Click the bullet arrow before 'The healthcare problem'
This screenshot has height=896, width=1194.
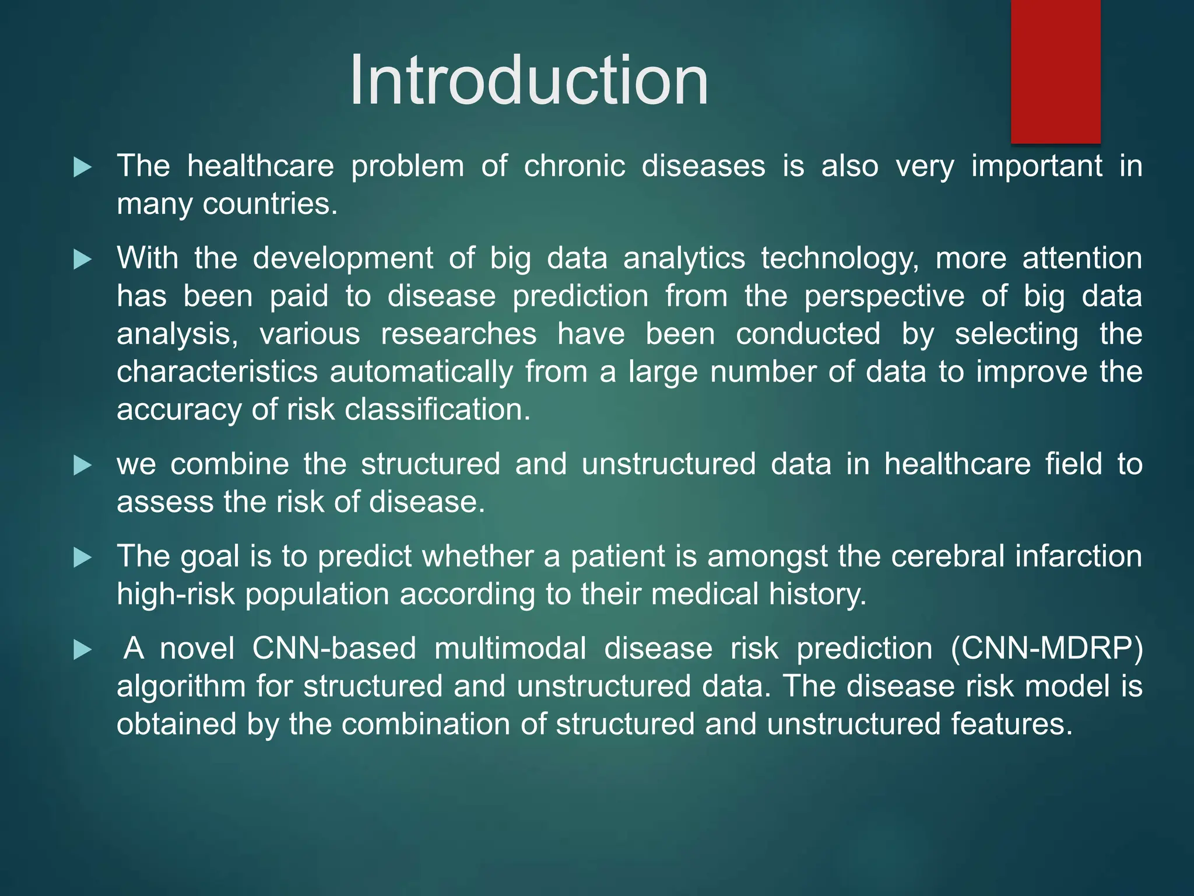coord(83,168)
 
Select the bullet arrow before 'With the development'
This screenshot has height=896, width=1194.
coord(83,260)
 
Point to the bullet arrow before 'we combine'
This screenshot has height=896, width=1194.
coord(83,466)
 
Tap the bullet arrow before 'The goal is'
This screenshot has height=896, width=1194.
coord(83,558)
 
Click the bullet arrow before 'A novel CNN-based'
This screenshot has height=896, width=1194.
coord(83,650)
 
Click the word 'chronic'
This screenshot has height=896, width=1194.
coord(574,166)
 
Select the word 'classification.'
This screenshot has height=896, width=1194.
coord(437,409)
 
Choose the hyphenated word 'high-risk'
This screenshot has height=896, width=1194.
coord(175,594)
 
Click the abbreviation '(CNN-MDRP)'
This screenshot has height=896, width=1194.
coord(1046,649)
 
